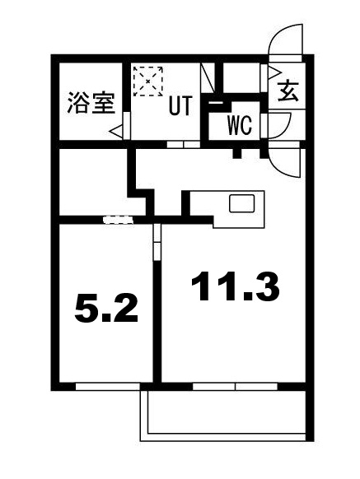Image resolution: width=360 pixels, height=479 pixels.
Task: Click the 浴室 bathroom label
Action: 90,106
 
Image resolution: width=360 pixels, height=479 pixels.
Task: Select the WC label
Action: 240,126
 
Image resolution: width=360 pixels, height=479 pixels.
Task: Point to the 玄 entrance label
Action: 288,91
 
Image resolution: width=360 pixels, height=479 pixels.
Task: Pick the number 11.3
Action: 236,286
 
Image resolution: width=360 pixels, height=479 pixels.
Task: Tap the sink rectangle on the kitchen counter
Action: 243,203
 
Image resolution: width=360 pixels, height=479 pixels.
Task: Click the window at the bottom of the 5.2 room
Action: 105,385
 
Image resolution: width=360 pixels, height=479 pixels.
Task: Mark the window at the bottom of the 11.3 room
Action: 236,385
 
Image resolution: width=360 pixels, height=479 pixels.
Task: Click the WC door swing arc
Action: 282,125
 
